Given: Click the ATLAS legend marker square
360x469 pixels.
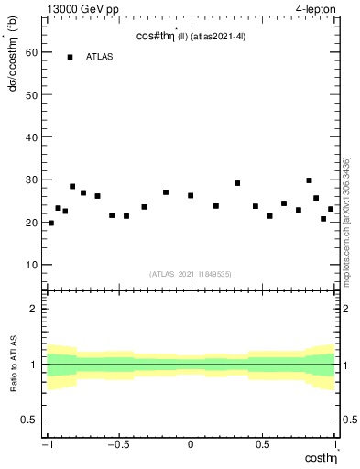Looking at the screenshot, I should pos(70,57).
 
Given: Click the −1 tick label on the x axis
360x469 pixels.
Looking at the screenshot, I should pos(48,444).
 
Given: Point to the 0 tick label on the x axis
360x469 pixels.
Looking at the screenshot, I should pos(191,444).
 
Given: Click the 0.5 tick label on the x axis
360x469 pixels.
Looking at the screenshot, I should pos(262,444).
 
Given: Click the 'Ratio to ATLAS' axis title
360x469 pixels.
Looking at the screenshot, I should pos(14,364).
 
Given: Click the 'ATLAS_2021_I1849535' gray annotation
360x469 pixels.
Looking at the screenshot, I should pos(191,274).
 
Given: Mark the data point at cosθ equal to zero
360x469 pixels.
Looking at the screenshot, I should pos(191,195).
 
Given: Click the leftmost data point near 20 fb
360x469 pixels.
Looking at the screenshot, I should pos(50,223).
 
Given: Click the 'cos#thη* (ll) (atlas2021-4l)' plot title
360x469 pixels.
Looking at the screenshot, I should pos(191,36).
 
